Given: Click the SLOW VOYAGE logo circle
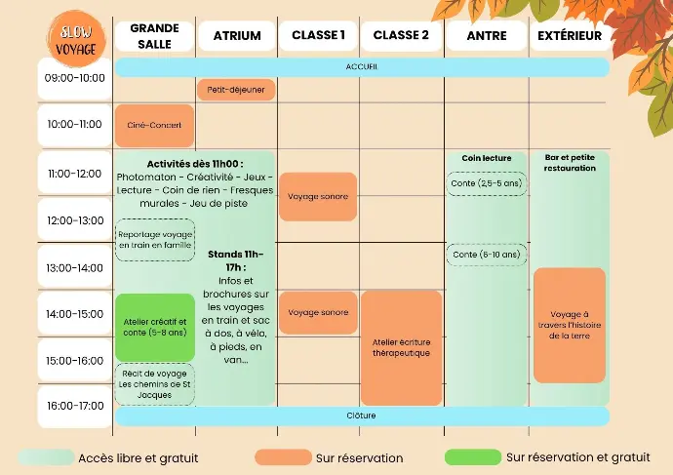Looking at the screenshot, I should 75,38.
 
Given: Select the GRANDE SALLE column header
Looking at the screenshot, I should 154,36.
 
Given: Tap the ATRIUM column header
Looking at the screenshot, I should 237,36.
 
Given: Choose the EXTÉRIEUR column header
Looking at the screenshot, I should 571,36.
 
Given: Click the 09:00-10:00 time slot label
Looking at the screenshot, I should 75,78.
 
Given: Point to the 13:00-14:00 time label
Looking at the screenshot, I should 75,267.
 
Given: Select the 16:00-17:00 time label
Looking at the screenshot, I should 75,406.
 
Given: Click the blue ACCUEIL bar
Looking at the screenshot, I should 362,67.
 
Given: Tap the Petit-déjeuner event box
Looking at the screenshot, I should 236,90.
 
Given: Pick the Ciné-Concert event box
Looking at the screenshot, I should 154,126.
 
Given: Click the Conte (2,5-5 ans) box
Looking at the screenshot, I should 487,183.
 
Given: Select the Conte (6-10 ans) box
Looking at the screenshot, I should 487,255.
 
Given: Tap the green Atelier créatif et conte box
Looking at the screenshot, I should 154,326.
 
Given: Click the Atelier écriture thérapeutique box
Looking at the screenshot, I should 401,347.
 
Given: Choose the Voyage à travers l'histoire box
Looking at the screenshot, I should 570,325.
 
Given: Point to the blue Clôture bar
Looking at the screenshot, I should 362,416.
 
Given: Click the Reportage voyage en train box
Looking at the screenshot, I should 154,240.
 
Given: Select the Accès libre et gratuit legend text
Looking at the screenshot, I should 138,457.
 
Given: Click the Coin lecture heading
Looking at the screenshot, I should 487,158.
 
